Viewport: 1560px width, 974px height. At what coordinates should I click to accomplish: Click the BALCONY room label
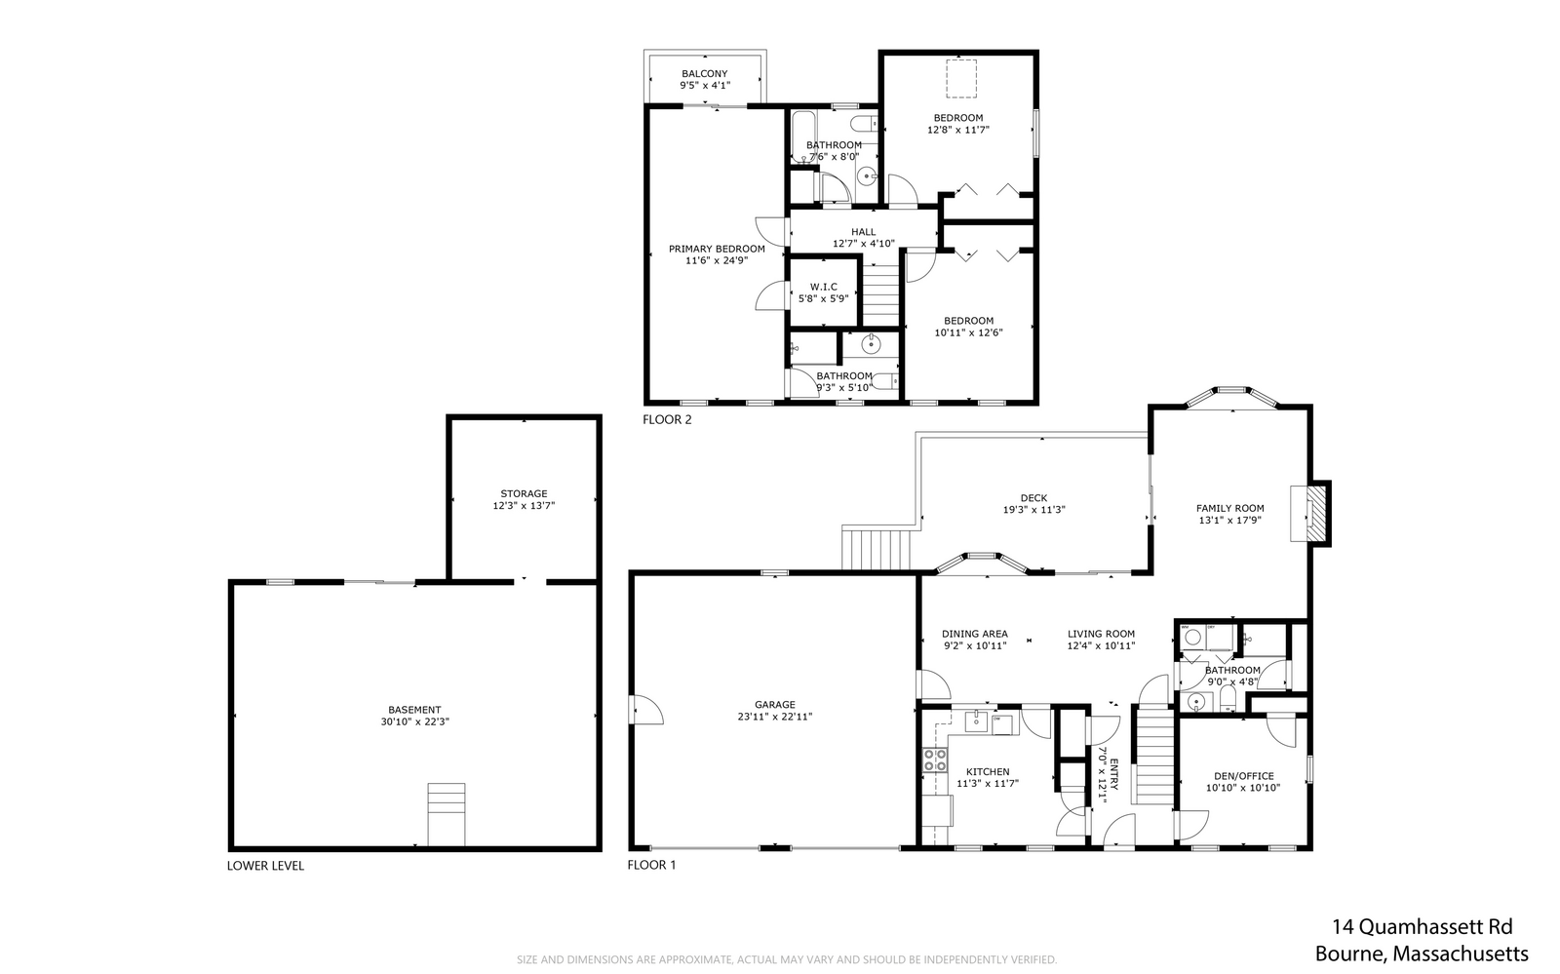point(704,74)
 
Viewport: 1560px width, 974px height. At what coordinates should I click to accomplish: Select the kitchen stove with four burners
point(935,760)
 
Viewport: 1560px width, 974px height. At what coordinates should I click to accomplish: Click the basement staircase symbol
point(446,813)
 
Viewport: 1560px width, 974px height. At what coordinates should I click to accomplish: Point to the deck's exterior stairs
point(878,549)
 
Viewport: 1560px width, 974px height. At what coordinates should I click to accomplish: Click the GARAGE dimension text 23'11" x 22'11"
point(774,717)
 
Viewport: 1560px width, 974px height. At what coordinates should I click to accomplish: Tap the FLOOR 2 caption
point(667,420)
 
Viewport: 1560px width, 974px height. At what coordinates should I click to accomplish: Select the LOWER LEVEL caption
point(265,866)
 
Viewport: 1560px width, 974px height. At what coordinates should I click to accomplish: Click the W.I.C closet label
point(823,287)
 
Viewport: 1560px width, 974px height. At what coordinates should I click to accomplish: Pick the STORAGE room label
point(524,493)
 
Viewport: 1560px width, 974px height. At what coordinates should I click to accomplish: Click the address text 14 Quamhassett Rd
point(1423,927)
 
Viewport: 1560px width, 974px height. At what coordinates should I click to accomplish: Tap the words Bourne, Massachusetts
point(1421,955)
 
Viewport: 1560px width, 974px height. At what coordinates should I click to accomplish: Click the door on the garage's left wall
point(645,709)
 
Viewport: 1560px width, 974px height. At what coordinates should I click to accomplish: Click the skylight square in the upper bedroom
point(961,78)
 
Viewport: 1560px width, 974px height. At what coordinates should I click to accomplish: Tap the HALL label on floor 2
point(863,232)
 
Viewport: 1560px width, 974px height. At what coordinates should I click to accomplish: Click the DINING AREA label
point(974,634)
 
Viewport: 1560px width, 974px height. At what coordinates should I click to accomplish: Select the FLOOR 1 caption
point(651,866)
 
